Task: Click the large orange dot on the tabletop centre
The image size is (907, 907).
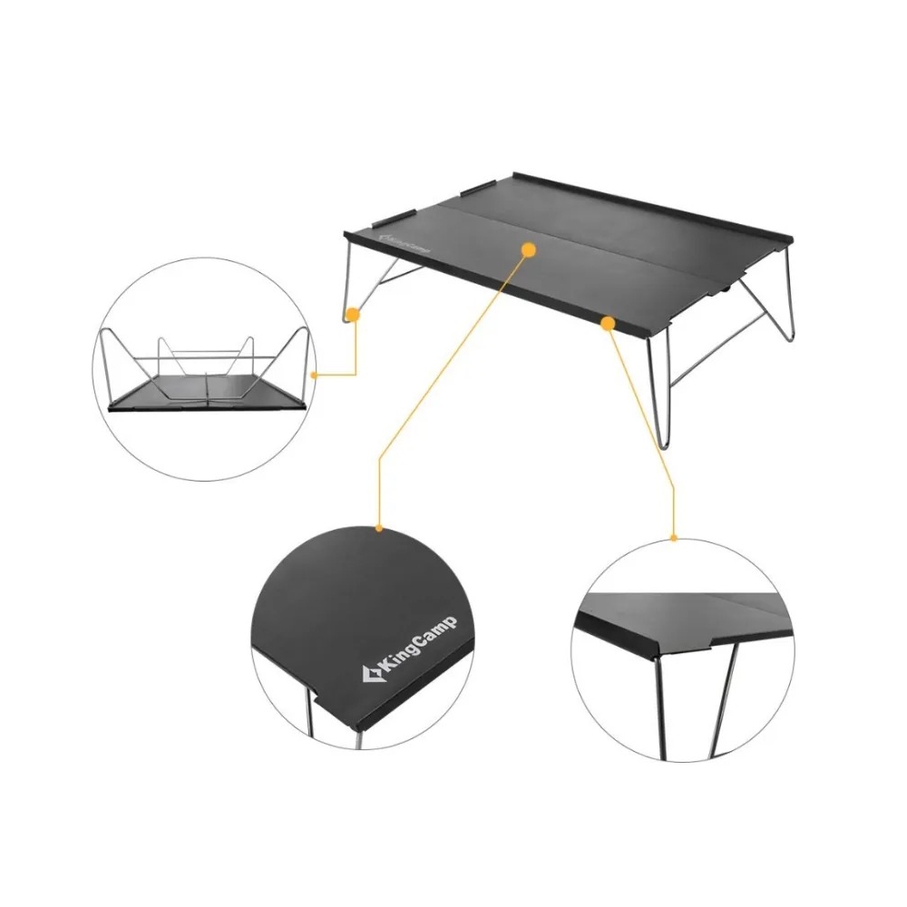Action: click(529, 250)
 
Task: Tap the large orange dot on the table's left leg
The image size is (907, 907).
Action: click(353, 316)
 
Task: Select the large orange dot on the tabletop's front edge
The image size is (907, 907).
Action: click(608, 324)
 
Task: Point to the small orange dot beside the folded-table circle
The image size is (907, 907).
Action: click(314, 375)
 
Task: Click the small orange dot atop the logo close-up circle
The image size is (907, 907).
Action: click(379, 528)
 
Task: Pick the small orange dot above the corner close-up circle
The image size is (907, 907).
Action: click(674, 538)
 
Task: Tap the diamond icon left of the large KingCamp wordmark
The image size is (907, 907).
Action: click(370, 675)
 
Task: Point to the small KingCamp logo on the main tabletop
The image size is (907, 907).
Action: click(402, 243)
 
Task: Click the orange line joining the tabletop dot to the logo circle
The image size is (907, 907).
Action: click(450, 388)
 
